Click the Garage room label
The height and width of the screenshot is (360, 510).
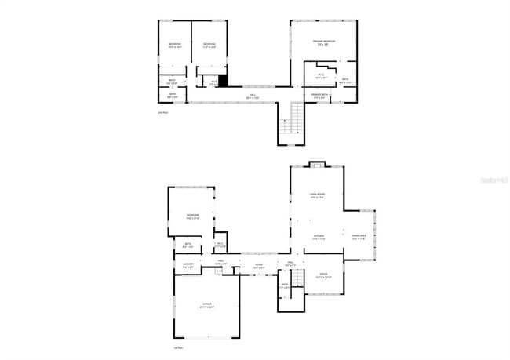point(207,304)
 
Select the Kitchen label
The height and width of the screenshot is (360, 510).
point(319,237)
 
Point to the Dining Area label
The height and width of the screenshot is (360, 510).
point(359,238)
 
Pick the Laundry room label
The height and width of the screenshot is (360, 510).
point(188,265)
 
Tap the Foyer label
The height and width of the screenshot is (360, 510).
point(258,265)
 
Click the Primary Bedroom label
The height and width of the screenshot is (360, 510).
point(323,40)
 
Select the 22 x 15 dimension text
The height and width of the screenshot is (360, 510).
point(322,45)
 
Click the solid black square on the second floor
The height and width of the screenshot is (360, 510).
point(223,80)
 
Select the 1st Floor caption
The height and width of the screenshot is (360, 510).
point(178,347)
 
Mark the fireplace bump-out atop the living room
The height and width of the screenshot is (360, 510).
point(316,165)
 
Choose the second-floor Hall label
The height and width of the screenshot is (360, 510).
point(252,96)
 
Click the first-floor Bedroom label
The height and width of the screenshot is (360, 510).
point(193,216)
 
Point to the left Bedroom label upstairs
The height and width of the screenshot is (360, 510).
point(175,45)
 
